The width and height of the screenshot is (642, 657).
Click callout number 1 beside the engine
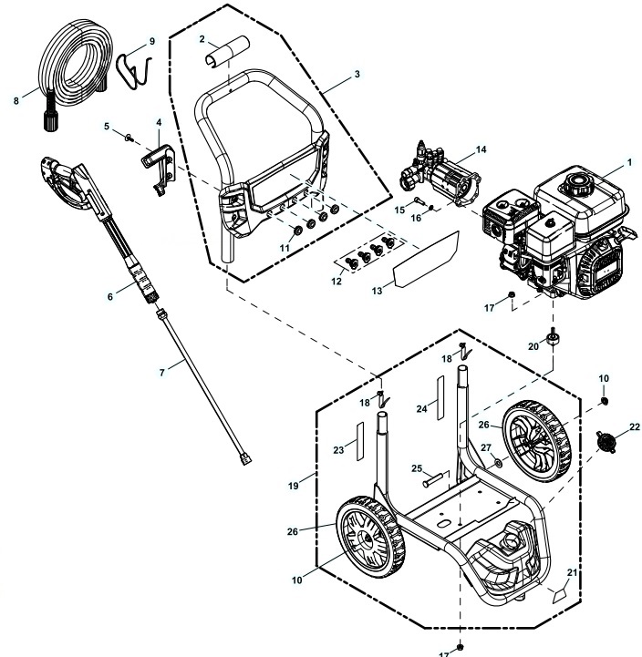click(x=630, y=162)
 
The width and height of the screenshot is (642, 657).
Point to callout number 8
click(x=16, y=101)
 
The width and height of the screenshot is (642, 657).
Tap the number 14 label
click(x=481, y=149)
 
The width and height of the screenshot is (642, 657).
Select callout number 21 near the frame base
click(x=573, y=571)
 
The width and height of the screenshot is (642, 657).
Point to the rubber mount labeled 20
click(x=553, y=341)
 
